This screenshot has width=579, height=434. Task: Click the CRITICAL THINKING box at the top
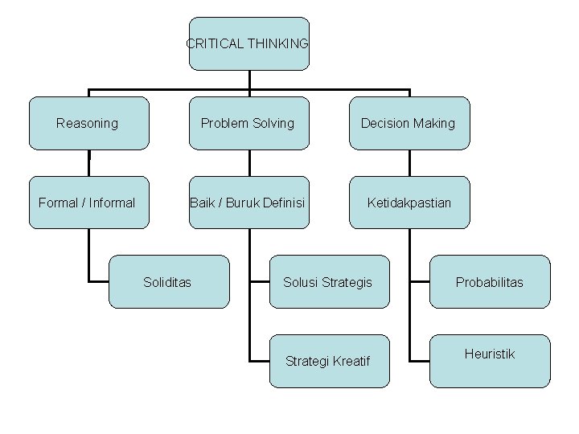pyautogui.click(x=248, y=43)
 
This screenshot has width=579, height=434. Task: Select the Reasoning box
pyautogui.click(x=88, y=123)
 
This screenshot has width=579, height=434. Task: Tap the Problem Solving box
pyautogui.click(x=248, y=123)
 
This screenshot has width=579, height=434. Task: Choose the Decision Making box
pyautogui.click(x=409, y=123)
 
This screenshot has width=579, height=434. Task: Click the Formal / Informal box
pyautogui.click(x=88, y=203)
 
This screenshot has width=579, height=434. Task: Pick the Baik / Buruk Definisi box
pyautogui.click(x=248, y=203)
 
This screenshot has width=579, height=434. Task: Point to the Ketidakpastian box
pyautogui.click(x=409, y=203)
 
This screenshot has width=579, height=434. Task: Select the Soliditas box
pyautogui.click(x=168, y=282)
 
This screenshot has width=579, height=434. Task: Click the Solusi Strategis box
pyautogui.click(x=329, y=282)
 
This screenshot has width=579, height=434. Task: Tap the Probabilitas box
pyautogui.click(x=489, y=282)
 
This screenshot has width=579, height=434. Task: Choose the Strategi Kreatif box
pyautogui.click(x=329, y=362)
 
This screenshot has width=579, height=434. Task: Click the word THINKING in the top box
pyautogui.click(x=278, y=43)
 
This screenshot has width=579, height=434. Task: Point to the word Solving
pyautogui.click(x=273, y=123)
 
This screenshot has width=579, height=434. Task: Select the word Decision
pyautogui.click(x=385, y=123)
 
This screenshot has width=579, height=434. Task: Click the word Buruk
pyautogui.click(x=243, y=203)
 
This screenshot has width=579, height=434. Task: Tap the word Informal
pyautogui.click(x=112, y=203)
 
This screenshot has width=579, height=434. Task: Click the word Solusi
pyautogui.click(x=301, y=282)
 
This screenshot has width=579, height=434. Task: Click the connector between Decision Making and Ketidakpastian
pyautogui.click(x=409, y=162)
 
